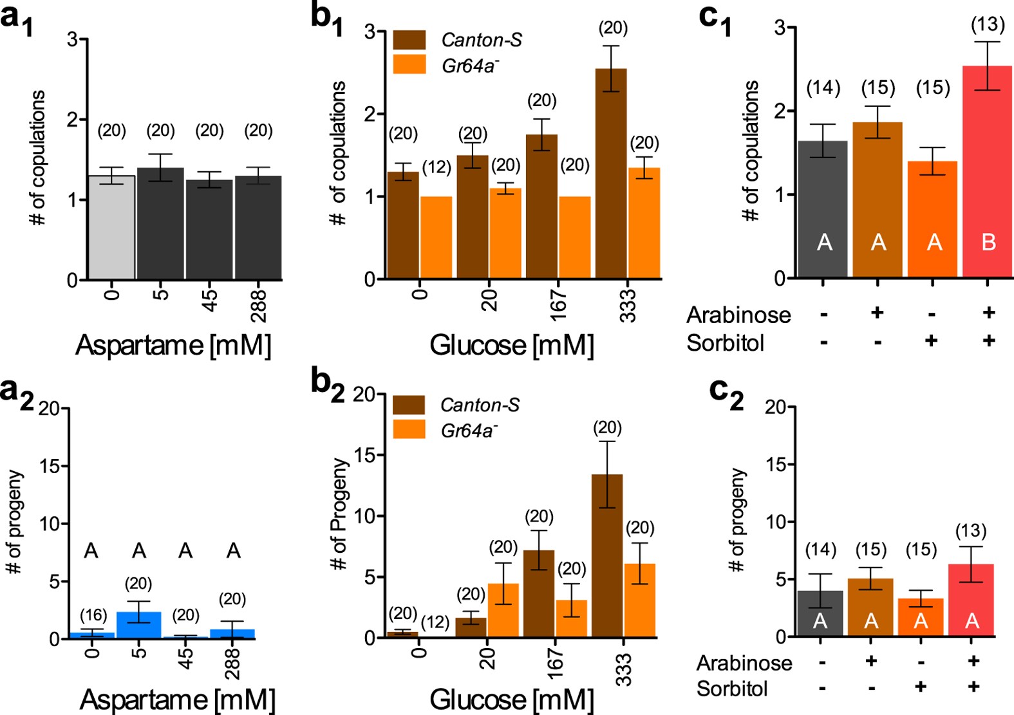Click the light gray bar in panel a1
[111, 228]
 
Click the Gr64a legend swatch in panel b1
[409, 64]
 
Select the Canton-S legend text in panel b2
[480, 405]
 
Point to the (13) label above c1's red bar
[988, 24]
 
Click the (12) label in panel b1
[437, 167]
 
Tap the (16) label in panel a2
[93, 615]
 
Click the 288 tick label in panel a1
[258, 305]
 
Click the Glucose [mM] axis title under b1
[512, 346]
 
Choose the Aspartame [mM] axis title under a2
[178, 700]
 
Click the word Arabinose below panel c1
[738, 315]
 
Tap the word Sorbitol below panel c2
[732, 689]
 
